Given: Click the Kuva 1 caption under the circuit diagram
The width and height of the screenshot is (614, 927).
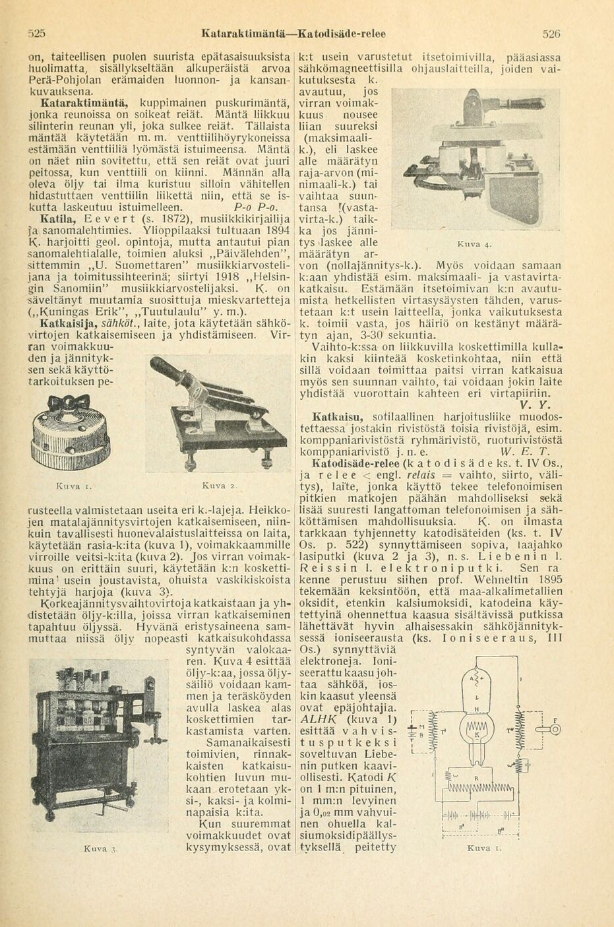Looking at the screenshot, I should click(479, 848).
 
